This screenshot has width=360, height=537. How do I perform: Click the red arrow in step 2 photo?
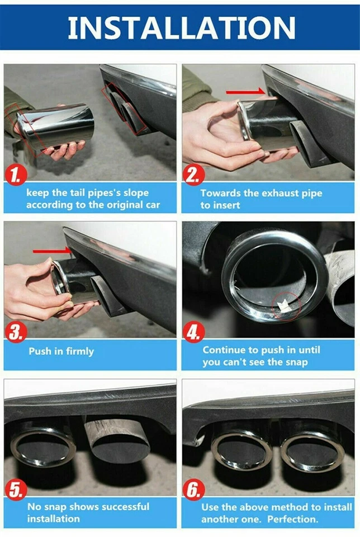pyautogui.click(x=244, y=91)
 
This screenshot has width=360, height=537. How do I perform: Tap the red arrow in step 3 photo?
pyautogui.click(x=53, y=251)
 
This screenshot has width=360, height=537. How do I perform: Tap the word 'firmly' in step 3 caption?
pyautogui.click(x=79, y=352)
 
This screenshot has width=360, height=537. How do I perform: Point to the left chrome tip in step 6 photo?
pyautogui.click(x=241, y=446)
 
